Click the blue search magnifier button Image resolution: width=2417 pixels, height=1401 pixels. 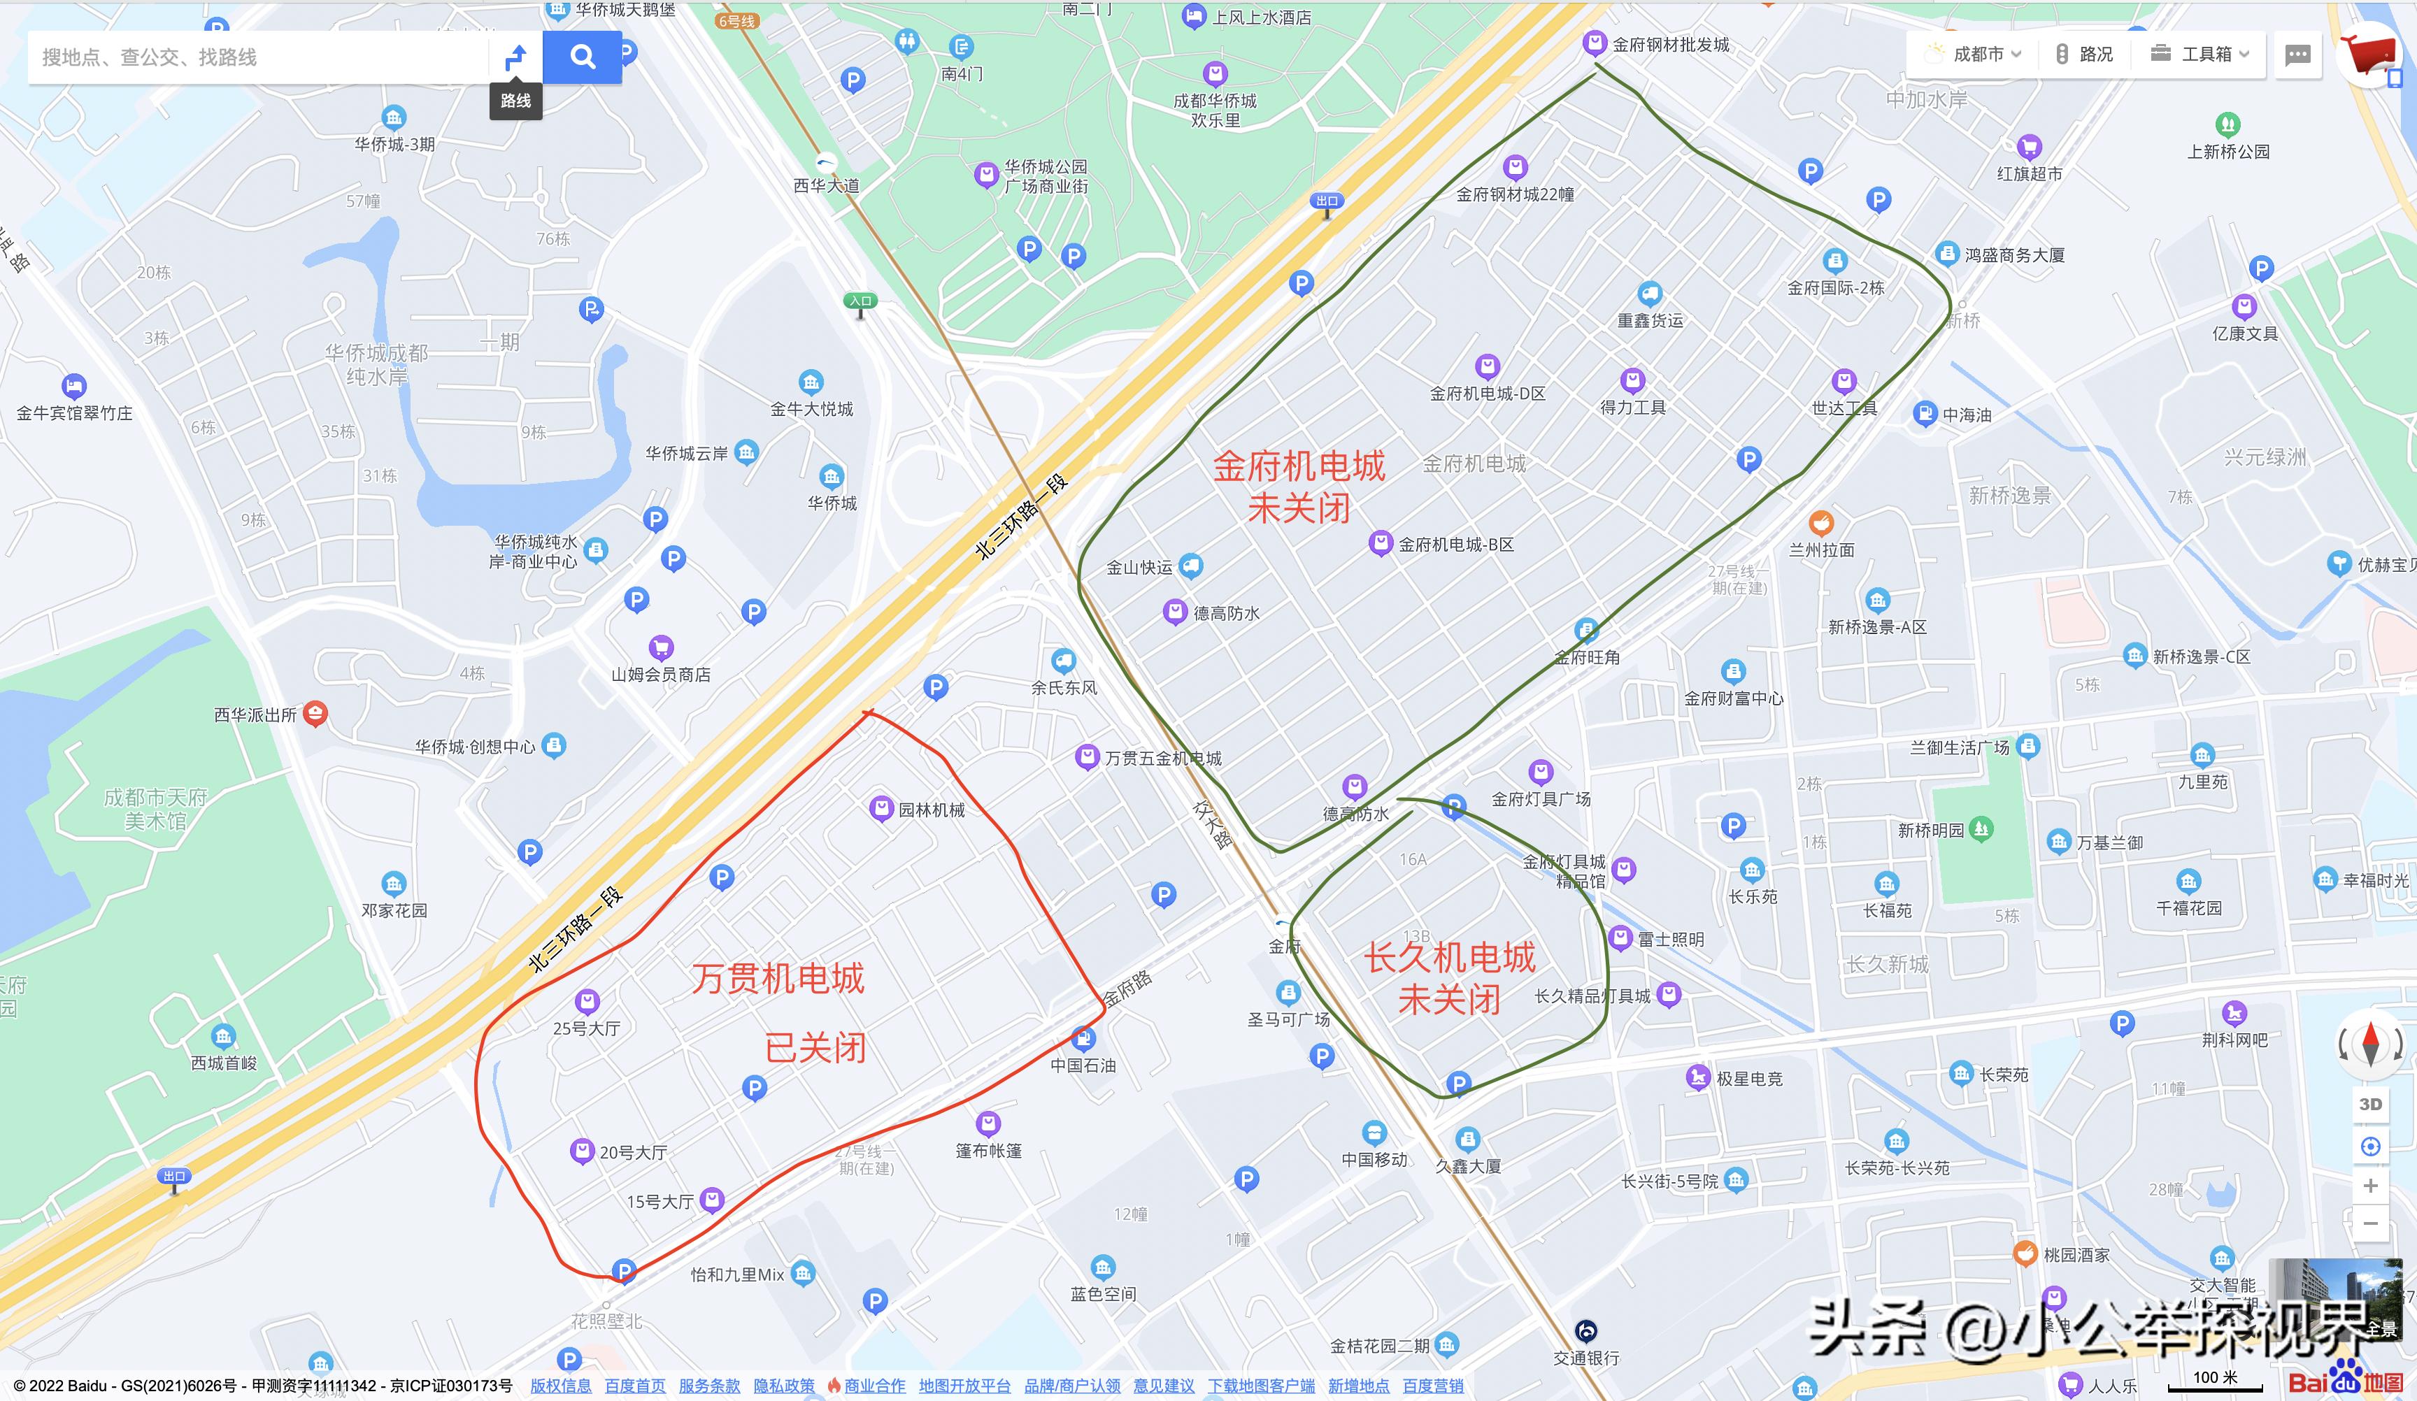pyautogui.click(x=582, y=57)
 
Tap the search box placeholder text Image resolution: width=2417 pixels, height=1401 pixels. pyautogui.click(x=150, y=57)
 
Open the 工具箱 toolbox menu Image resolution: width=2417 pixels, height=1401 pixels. pyautogui.click(x=2199, y=55)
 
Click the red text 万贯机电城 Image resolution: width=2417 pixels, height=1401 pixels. pyautogui.click(x=777, y=979)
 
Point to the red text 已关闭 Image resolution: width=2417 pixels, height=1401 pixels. pyautogui.click(x=815, y=1048)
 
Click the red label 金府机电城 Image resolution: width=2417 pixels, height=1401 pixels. pyautogui.click(x=1299, y=467)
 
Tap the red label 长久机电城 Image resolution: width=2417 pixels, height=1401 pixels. pyautogui.click(x=1449, y=958)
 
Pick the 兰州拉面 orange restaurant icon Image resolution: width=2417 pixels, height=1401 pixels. pyautogui.click(x=1820, y=524)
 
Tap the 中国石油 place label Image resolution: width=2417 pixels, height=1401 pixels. pyautogui.click(x=1082, y=1065)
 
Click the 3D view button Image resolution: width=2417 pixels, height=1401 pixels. pyautogui.click(x=2370, y=1104)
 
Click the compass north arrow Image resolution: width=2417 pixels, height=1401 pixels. pyautogui.click(x=2371, y=1043)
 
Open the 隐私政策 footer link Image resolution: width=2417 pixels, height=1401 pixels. pyautogui.click(x=783, y=1386)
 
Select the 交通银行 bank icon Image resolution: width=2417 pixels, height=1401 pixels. pyautogui.click(x=1586, y=1331)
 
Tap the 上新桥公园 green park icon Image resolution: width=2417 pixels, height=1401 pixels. pyautogui.click(x=2227, y=124)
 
